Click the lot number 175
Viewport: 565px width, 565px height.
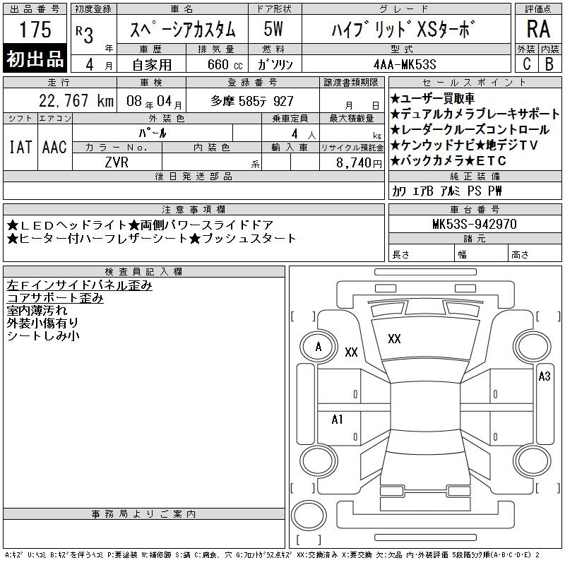[x=35, y=29]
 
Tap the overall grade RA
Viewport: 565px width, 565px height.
[x=538, y=29]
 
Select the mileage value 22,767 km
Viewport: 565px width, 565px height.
[x=76, y=101]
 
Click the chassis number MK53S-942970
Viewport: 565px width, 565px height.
[x=475, y=224]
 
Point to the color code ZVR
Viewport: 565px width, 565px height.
[x=117, y=162]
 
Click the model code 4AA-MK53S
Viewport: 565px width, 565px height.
[x=405, y=64]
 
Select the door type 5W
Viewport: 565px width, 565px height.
[x=273, y=29]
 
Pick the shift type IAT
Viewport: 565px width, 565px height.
[x=20, y=147]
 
